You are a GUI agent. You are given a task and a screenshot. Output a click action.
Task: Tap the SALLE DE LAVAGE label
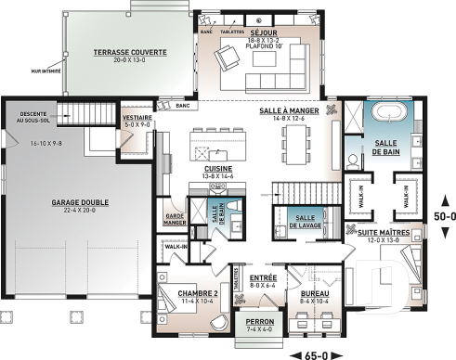tap(300, 221)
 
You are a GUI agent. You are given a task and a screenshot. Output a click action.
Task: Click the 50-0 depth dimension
tap(441, 214)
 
